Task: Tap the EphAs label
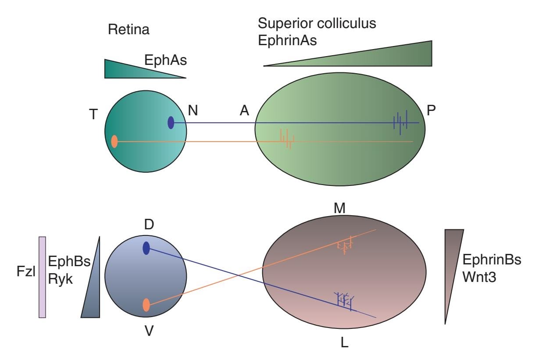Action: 165,60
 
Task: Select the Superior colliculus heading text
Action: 317,23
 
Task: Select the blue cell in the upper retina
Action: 171,123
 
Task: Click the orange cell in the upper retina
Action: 114,142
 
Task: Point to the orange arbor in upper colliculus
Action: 288,139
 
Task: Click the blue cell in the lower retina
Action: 146,248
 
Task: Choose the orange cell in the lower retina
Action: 146,305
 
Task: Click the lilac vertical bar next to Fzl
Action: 43,277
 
